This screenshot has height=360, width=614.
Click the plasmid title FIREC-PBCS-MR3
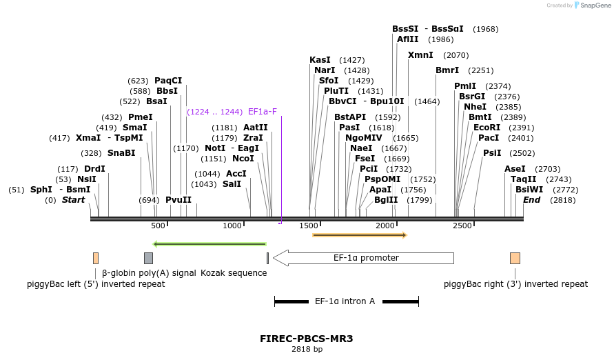[x=307, y=339]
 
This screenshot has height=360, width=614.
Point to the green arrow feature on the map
[x=209, y=243]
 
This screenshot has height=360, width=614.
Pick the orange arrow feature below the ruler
[x=360, y=235]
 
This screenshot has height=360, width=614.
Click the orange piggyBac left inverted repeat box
[x=96, y=258]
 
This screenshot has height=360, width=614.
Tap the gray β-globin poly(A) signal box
[x=148, y=258]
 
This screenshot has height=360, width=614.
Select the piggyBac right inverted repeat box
[x=515, y=258]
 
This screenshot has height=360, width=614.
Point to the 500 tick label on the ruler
[x=158, y=226]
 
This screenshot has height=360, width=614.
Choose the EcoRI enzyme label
[x=487, y=128]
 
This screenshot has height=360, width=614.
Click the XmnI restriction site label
[x=420, y=55]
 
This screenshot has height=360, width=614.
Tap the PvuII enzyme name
[x=178, y=200]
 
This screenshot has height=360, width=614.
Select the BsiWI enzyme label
[x=529, y=189]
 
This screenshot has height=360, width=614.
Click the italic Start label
[x=73, y=200]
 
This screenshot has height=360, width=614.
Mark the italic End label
[x=531, y=200]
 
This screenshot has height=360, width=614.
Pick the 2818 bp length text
[x=307, y=349]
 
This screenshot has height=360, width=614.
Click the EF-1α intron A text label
[x=345, y=301]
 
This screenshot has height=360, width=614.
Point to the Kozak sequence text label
[x=234, y=273]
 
